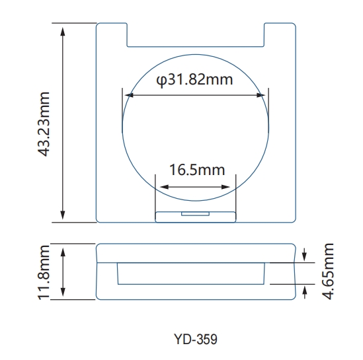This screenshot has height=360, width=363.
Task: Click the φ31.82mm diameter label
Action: pos(195,81)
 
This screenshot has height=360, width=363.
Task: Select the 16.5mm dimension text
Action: pos(197,170)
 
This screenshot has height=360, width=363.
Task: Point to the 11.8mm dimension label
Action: pos(46,272)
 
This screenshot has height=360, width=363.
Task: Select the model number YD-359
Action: pos(195,340)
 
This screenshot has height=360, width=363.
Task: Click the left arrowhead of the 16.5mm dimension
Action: pos(158,186)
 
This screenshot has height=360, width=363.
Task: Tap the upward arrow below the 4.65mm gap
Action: pos(304,289)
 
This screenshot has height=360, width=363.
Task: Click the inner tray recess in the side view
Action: pos(192,273)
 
